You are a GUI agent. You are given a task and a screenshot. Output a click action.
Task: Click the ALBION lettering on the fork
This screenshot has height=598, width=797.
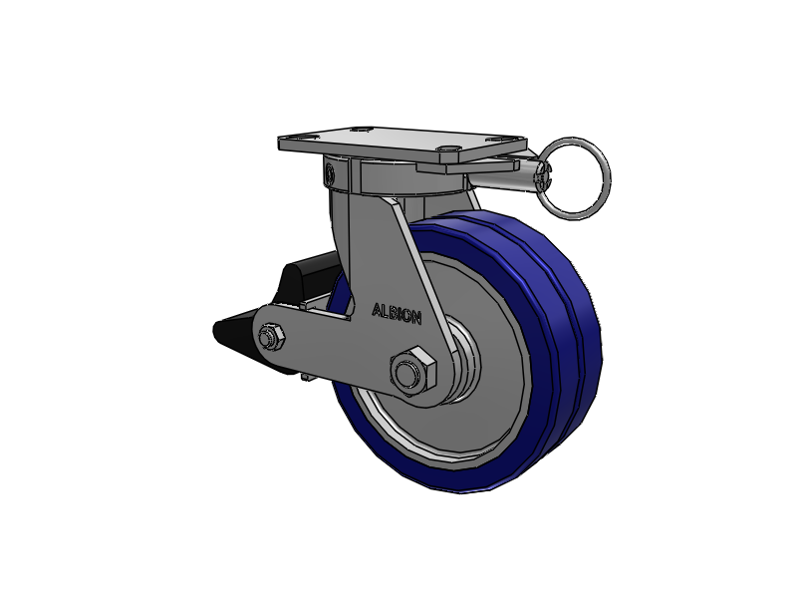tap(397, 313)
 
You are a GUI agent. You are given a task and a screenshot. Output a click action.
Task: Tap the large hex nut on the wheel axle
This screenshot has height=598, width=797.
tap(412, 371)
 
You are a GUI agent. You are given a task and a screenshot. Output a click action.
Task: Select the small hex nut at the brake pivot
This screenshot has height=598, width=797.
tap(270, 337)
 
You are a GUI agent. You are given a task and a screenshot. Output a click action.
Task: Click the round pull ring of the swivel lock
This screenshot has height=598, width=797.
tap(576, 175)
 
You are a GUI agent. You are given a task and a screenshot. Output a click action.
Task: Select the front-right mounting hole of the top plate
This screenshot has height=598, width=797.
tap(448, 149)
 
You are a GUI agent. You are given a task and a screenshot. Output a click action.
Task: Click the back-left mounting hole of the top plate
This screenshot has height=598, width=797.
tap(360, 130)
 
